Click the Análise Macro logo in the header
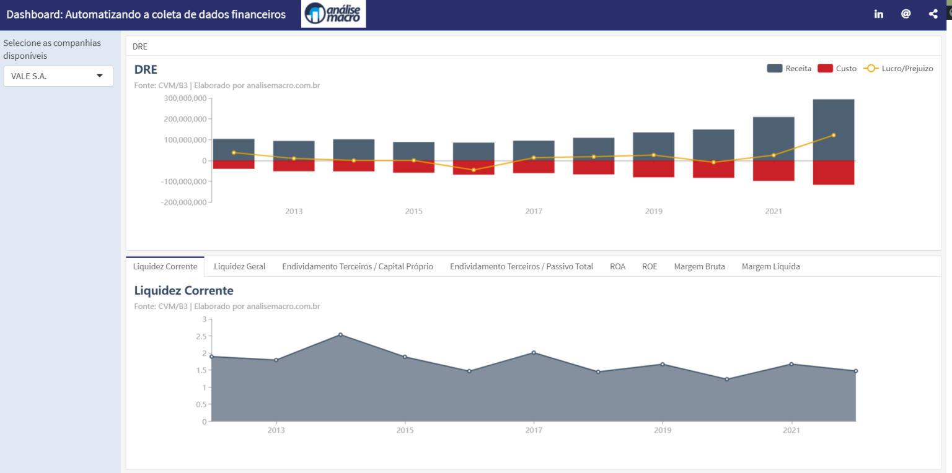[x=333, y=14]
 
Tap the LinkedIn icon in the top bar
[x=878, y=14]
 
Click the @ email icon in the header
[x=906, y=14]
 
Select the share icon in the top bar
[x=933, y=14]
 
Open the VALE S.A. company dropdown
[x=58, y=76]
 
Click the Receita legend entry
[x=789, y=69]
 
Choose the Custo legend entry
[x=837, y=69]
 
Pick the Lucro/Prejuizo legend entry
[x=899, y=69]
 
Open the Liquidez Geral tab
[x=239, y=266]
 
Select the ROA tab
[x=617, y=266]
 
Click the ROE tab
[x=650, y=266]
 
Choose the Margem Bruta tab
[x=699, y=266]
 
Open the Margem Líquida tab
[x=770, y=266]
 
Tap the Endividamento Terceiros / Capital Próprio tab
[x=358, y=266]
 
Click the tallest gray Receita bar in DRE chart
[x=834, y=129]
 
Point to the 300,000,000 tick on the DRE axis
[x=184, y=98]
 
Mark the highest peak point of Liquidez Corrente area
[x=340, y=335]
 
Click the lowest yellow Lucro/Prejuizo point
[x=474, y=170]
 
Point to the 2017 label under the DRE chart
[x=534, y=212]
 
